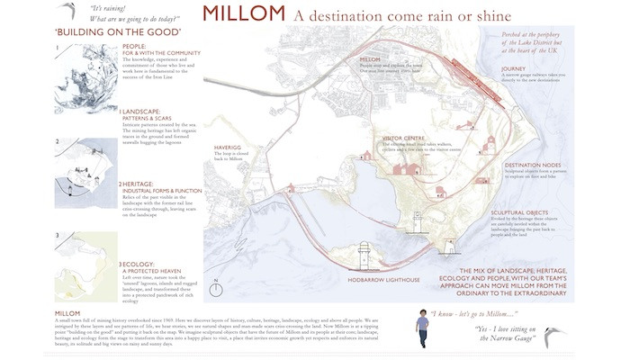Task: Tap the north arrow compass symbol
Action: point(215,289)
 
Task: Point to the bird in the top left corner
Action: point(64,10)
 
